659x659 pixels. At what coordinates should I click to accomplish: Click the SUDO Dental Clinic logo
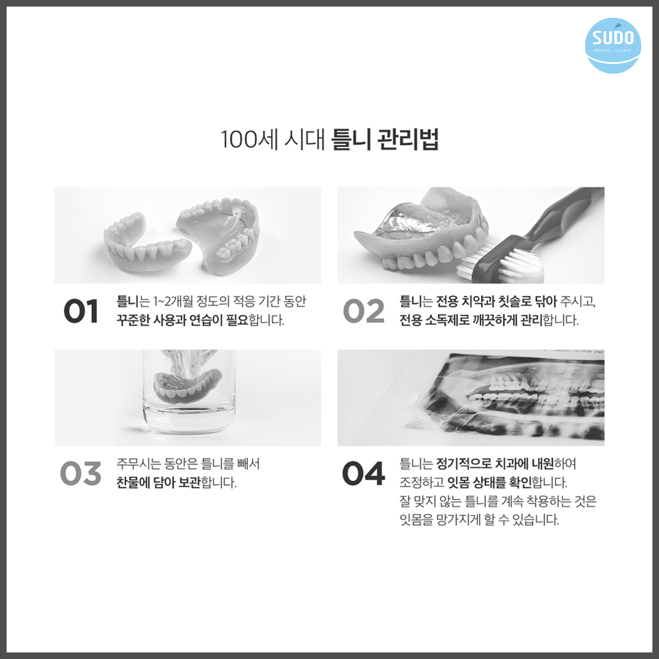(613, 45)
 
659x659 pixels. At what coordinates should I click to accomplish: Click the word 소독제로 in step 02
(456, 322)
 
